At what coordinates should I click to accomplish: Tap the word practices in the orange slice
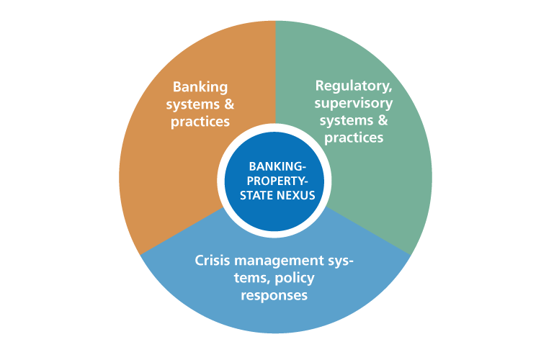200,122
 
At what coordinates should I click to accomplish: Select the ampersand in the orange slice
228,104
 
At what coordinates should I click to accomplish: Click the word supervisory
354,103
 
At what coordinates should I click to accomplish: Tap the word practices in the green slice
354,138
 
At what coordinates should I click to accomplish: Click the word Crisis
213,260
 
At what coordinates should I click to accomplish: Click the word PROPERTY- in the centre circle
277,181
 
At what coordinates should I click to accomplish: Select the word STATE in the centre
260,194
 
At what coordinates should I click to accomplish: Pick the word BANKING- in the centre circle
277,166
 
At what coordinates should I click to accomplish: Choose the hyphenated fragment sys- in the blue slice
341,260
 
